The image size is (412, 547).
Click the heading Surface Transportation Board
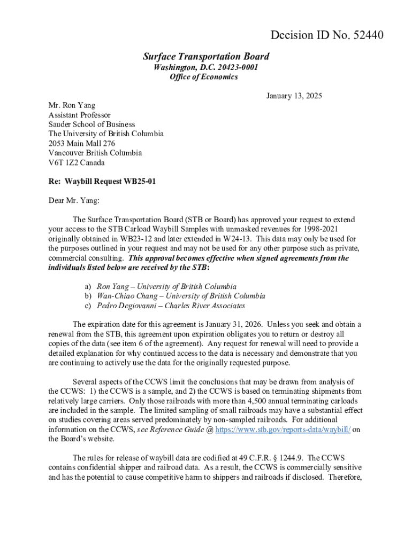coord(206,57)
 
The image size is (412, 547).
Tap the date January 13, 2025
coord(294,96)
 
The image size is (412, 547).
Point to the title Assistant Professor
coord(80,115)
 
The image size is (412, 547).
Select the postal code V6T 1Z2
coord(63,163)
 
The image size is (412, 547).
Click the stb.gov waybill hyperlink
coord(283,430)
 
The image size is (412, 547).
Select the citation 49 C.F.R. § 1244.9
coord(273,458)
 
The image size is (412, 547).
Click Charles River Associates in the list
coord(205,306)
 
